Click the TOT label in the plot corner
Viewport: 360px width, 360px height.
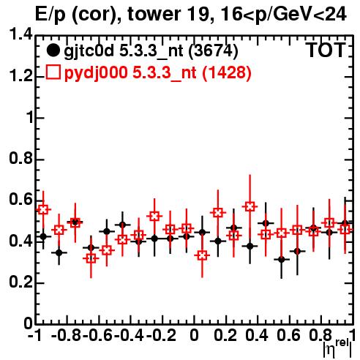[326, 50]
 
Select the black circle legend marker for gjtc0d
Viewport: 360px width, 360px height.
[53, 50]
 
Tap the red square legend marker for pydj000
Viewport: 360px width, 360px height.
[53, 72]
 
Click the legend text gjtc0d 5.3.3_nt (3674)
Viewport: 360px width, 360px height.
[151, 51]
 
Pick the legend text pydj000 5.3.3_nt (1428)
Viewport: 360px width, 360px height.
[157, 72]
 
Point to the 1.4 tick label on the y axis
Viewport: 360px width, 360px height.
[20, 34]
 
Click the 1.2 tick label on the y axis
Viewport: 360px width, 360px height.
[20, 76]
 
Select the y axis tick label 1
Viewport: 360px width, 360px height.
[30, 117]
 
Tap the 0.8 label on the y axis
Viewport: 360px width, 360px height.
[20, 158]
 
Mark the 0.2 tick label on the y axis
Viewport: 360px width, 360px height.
[20, 282]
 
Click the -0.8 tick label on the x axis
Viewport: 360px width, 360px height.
[67, 335]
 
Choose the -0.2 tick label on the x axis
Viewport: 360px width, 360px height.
[161, 335]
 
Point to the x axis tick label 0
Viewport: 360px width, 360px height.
[194, 335]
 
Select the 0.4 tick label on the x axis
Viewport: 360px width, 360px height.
[257, 335]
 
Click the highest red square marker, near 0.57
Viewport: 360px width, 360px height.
[250, 206]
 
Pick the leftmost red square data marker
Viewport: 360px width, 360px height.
[43, 209]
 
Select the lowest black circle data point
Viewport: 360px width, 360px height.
[282, 260]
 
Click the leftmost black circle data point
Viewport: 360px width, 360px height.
[43, 236]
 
